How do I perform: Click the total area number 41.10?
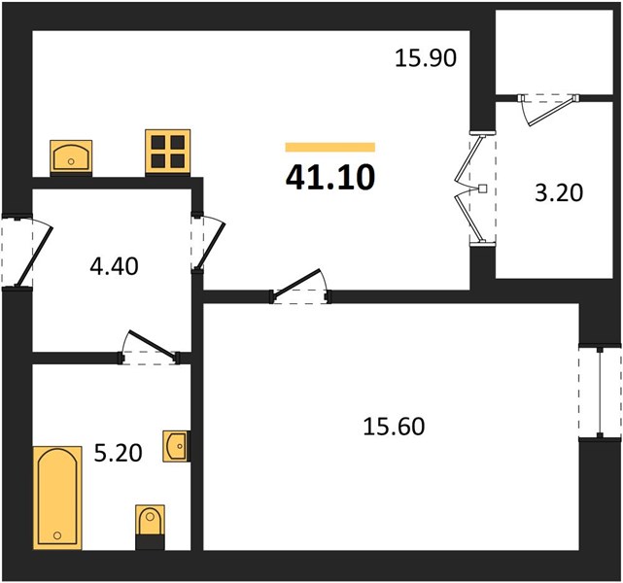330,177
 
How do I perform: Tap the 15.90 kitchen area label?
426,58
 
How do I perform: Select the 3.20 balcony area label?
559,193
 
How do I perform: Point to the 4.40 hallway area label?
114,266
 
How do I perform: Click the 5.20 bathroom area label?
118,453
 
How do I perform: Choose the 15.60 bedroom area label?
394,427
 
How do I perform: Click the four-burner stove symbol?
168,153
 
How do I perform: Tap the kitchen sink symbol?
71,157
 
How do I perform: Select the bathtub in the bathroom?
57,497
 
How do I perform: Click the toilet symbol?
150,527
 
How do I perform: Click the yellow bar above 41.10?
330,147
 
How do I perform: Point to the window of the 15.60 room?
600,393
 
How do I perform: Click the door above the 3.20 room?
549,109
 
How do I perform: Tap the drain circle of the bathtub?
57,535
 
